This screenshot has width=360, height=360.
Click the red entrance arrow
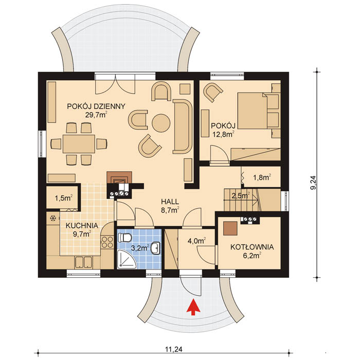(193, 307)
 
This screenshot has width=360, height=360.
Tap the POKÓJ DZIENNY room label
(96, 106)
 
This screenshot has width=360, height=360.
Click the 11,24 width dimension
(174, 349)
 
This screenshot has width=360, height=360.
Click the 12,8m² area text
(223, 135)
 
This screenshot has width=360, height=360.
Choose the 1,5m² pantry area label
(63, 197)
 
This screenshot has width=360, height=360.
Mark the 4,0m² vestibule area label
(197, 240)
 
